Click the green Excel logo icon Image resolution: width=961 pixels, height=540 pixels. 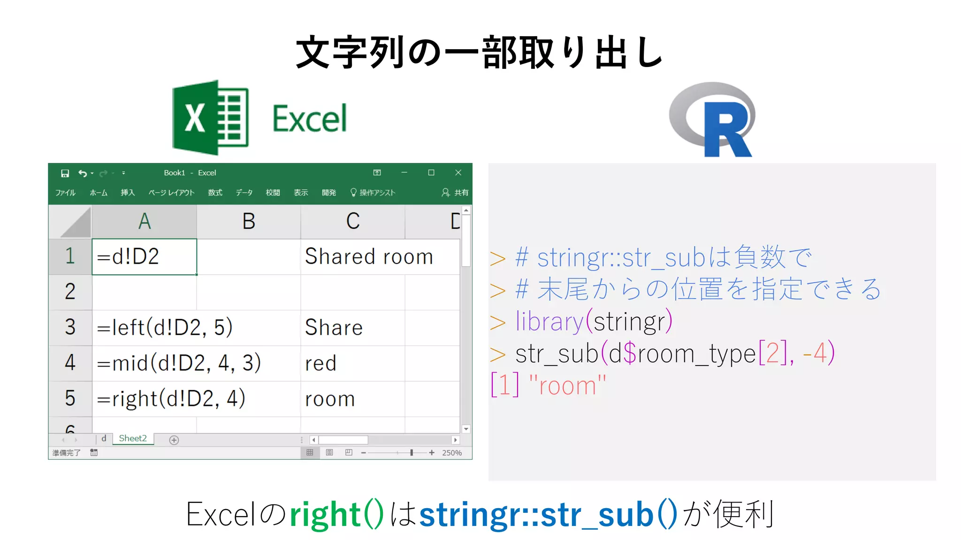coord(210,118)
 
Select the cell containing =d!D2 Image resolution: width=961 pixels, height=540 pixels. coord(144,257)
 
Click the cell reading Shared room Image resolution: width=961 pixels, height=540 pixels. coord(369,257)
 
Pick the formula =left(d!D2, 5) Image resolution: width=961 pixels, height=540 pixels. coord(165,327)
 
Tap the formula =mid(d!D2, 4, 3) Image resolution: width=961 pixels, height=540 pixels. coord(179,363)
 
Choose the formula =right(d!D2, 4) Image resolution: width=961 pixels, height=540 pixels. coord(171,399)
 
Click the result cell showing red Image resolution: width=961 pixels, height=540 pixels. coord(321,363)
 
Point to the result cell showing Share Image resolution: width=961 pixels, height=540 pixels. coord(334,327)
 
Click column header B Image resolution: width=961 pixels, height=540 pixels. coord(249,221)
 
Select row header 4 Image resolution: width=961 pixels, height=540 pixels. coord(70,363)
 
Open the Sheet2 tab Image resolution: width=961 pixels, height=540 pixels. coord(133,439)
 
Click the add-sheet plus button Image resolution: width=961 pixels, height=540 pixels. coord(174,440)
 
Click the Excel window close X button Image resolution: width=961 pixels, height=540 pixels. coord(458,172)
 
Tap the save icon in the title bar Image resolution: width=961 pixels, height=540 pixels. coord(65,173)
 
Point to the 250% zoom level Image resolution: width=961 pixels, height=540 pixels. coord(451,453)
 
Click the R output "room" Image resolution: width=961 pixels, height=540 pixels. coord(567,386)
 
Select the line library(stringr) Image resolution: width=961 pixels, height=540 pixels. coord(594,322)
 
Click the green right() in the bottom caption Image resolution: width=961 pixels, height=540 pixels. coord(336,515)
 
